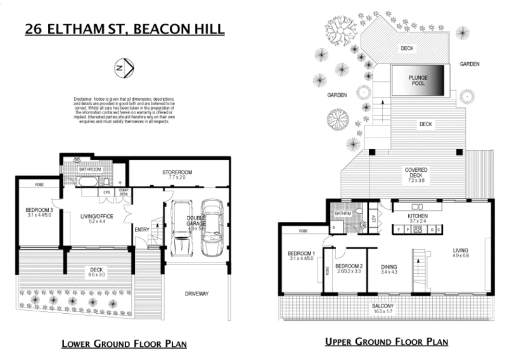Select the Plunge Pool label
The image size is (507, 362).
point(418,81)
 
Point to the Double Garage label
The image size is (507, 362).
point(195,222)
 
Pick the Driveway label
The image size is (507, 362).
point(198,294)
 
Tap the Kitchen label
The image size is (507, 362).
point(418,217)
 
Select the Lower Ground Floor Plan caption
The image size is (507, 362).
point(123,344)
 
